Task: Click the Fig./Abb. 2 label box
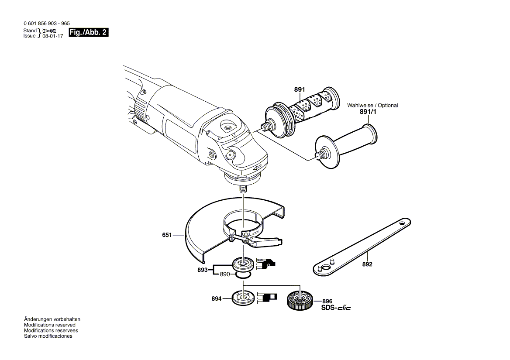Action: click(x=88, y=33)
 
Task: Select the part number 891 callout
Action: click(x=299, y=89)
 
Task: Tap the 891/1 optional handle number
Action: click(x=367, y=112)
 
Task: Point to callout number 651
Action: click(x=167, y=235)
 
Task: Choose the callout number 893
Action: click(x=203, y=270)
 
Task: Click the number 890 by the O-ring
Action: click(x=225, y=274)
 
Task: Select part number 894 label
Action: click(x=217, y=299)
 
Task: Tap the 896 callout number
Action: click(x=327, y=301)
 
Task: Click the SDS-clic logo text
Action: click(x=336, y=308)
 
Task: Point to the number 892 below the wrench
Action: click(x=367, y=264)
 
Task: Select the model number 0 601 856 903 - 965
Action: click(x=45, y=24)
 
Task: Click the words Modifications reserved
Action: click(x=50, y=325)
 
